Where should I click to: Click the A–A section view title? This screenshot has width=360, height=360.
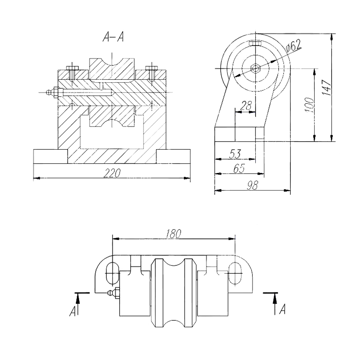tap(113, 37)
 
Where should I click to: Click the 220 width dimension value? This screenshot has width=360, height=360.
tap(112, 173)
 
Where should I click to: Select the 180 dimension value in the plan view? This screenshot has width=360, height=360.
tap(174, 234)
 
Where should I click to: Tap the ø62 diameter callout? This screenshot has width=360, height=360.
tap(293, 46)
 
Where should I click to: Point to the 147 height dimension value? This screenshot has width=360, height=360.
tap(326, 87)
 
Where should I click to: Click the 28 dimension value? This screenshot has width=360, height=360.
tap(246, 106)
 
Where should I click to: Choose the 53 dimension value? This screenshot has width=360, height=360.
tap(235, 154)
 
